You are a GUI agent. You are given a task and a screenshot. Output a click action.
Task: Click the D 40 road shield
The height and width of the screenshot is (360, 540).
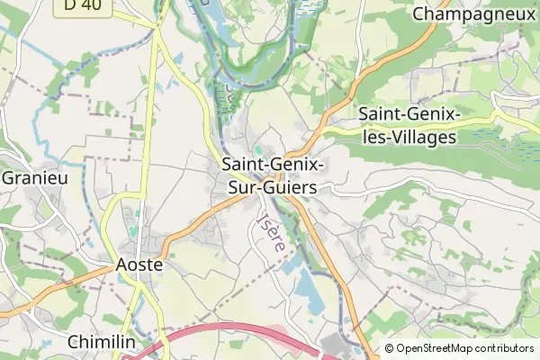click(x=83, y=4)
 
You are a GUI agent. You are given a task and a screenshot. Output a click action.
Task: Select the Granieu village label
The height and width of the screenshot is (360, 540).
click(x=35, y=177)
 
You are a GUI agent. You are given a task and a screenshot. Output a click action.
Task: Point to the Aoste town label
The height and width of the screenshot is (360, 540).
click(x=139, y=265)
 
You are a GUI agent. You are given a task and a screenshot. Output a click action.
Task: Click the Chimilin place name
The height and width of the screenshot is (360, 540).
click(x=102, y=343)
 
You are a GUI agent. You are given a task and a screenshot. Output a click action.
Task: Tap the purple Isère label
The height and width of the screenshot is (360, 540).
click(x=271, y=231)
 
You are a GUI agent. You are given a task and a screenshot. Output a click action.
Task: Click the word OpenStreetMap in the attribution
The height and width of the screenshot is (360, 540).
click(x=443, y=348)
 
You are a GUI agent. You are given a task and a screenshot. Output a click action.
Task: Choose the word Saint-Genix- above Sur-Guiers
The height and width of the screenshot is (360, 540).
click(x=273, y=166)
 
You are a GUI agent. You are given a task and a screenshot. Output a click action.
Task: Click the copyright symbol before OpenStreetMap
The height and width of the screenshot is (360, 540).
click(x=390, y=348)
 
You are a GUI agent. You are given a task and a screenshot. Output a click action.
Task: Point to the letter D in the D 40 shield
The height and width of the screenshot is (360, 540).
click(x=71, y=4)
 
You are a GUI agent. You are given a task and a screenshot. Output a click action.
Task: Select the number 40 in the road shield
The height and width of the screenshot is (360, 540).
click(x=89, y=4)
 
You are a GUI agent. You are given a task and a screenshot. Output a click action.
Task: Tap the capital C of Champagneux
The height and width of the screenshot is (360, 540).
click(x=418, y=13)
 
